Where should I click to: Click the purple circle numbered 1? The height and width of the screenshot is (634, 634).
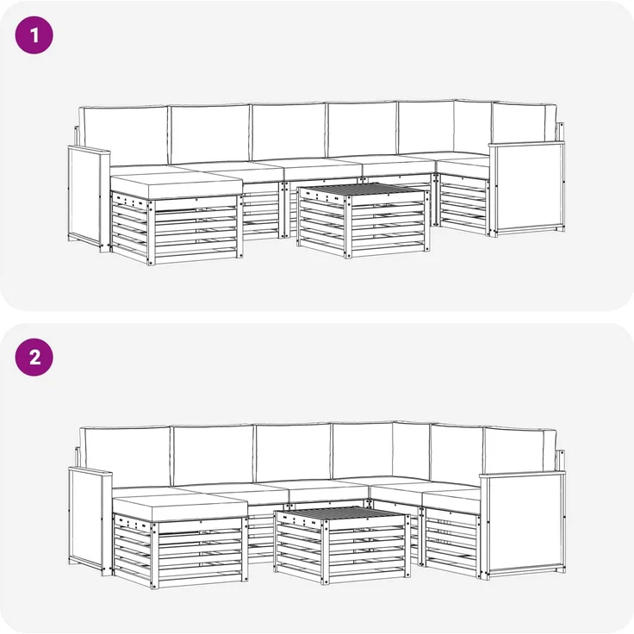point(34,35)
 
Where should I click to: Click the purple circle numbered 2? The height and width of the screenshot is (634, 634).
point(34,357)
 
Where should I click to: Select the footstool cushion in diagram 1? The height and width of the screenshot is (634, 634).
point(177,185)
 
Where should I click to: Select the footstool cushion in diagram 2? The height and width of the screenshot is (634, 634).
point(180,508)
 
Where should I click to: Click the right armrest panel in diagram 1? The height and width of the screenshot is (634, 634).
point(527,187)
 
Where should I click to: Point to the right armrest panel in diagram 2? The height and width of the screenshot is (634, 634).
point(523,523)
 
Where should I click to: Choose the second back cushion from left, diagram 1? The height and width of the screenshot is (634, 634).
point(210,134)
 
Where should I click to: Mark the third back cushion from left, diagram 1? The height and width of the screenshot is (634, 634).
point(289,132)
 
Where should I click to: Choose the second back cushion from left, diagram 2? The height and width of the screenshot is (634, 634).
point(213,455)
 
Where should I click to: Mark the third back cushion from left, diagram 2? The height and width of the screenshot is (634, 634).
point(294,453)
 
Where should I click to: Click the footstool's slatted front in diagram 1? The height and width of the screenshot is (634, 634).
point(196,230)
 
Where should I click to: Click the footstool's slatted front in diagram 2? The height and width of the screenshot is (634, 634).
point(200,553)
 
